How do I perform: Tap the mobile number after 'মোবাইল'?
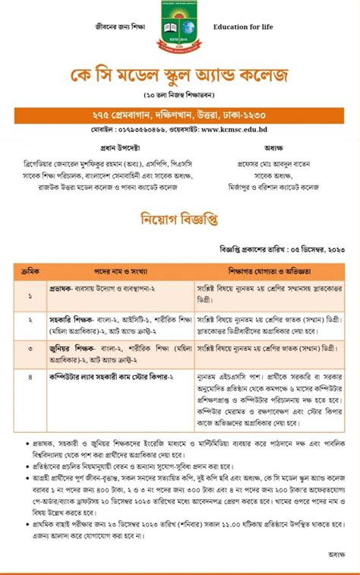150,130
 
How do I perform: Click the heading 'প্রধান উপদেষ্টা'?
93,148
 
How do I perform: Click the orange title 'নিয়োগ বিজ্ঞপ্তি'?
180,220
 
